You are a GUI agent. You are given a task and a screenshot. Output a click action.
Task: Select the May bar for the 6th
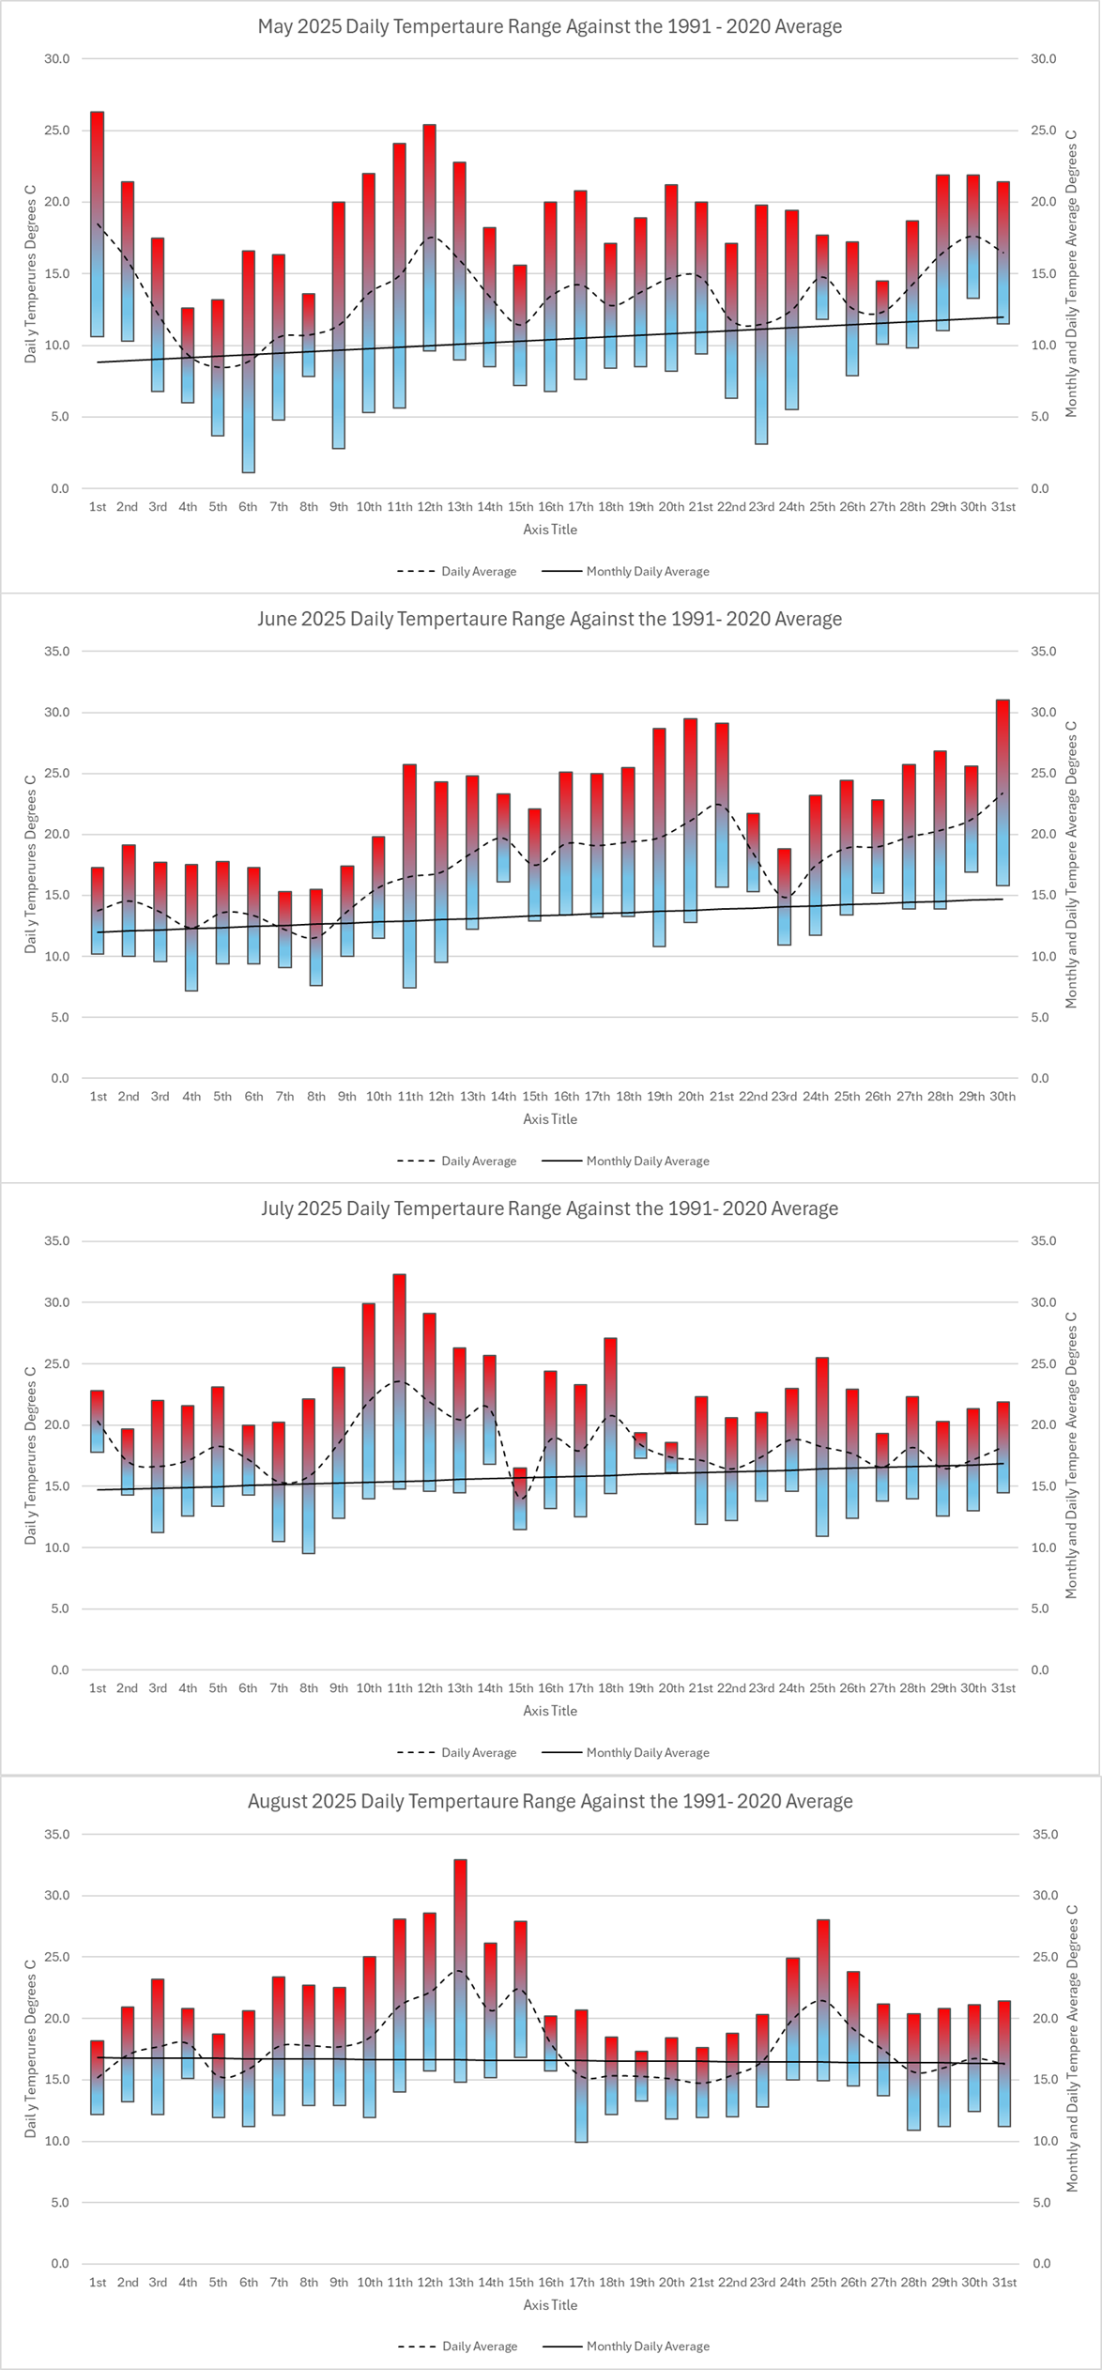click(248, 362)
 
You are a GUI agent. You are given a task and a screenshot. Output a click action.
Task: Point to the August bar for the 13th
click(460, 1971)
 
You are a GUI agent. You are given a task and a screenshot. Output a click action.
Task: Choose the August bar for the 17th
click(581, 2076)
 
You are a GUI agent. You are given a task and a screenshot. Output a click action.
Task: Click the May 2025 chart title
click(550, 26)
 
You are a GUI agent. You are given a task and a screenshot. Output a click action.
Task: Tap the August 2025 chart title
click(550, 1801)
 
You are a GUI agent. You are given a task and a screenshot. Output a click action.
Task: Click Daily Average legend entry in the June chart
click(457, 1162)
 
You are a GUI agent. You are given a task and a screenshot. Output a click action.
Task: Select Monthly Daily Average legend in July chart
click(626, 1753)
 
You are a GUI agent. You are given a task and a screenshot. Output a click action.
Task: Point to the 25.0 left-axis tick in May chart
click(57, 131)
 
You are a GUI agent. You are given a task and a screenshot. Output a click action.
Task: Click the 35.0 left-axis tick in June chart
click(57, 652)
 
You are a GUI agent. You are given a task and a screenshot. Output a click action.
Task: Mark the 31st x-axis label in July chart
click(1003, 1688)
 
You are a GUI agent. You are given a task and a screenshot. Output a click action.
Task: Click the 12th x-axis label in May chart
click(430, 507)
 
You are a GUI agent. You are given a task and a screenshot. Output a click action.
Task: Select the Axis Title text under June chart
click(550, 1119)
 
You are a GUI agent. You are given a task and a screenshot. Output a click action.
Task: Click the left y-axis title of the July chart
click(30, 1455)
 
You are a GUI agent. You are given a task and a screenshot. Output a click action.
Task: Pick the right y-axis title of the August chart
click(1071, 2048)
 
